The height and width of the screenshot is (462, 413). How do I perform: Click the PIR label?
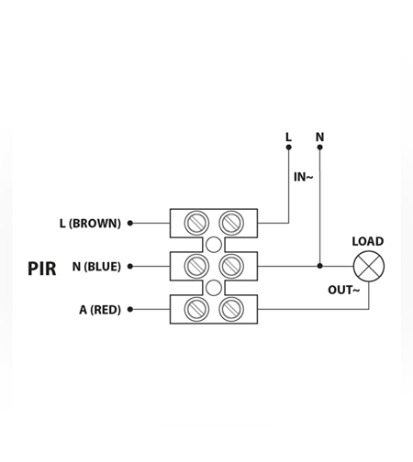click(x=42, y=269)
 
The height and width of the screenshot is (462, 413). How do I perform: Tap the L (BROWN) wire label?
click(x=90, y=224)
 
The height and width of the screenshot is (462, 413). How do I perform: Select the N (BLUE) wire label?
click(x=96, y=267)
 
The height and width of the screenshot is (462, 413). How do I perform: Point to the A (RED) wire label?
click(x=100, y=310)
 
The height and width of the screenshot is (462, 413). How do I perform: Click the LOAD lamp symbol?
click(x=369, y=266)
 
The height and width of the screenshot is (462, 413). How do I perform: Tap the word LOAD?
click(x=368, y=241)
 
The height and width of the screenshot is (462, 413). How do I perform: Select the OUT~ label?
click(x=344, y=290)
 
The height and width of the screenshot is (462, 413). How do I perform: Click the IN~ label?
click(x=304, y=177)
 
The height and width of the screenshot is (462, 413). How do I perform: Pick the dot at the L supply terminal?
click(x=288, y=148)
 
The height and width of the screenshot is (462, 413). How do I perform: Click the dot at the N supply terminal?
click(x=319, y=148)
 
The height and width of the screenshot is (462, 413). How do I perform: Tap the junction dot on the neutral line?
click(x=319, y=266)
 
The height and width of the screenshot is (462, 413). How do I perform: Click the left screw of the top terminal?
click(x=196, y=223)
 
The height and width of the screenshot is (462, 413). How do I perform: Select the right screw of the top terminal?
click(x=231, y=223)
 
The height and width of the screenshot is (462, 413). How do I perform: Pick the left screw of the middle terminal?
click(x=196, y=266)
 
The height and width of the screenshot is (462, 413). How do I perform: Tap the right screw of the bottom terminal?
click(x=231, y=309)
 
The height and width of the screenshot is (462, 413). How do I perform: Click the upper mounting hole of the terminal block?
click(x=214, y=245)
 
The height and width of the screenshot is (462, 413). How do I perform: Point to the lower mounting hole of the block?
click(x=214, y=288)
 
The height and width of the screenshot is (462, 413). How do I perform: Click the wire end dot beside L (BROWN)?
click(x=130, y=223)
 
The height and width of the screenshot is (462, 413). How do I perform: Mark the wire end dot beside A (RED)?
click(x=130, y=309)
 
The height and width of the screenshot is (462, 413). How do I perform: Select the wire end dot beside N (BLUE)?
click(x=130, y=266)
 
